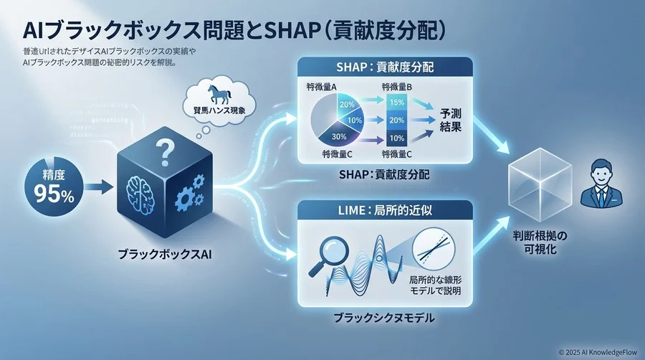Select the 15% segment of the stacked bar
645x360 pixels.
point(397,101)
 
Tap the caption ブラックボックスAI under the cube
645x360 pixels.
point(163,252)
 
